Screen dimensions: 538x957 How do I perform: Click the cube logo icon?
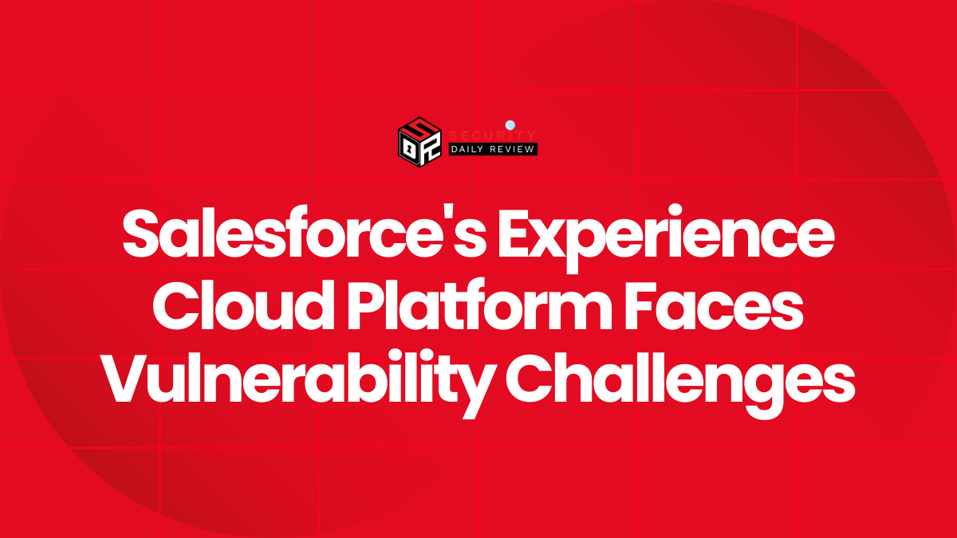click(x=419, y=141)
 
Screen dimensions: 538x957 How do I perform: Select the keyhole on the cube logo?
click(x=409, y=147)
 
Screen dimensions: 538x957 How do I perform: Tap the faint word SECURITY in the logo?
click(x=493, y=135)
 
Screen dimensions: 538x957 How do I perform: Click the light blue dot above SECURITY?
click(x=510, y=124)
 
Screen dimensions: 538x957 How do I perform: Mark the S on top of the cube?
click(x=420, y=128)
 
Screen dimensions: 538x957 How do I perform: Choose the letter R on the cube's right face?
click(x=431, y=149)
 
